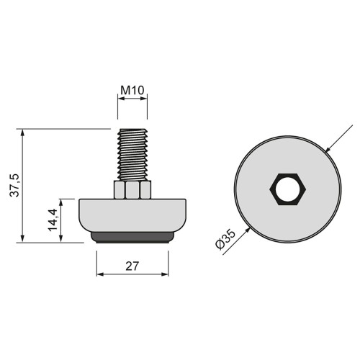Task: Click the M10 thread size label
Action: [x=132, y=91]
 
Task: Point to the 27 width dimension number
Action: [x=132, y=265]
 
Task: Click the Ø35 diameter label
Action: [x=225, y=239]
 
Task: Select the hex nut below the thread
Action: [x=132, y=189]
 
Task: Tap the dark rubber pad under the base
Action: [x=132, y=238]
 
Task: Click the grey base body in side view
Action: [x=132, y=215]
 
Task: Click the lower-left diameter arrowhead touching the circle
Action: [x=248, y=229]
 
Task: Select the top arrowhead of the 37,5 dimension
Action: [x=23, y=133]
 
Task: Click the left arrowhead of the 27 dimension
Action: [x=100, y=274]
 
